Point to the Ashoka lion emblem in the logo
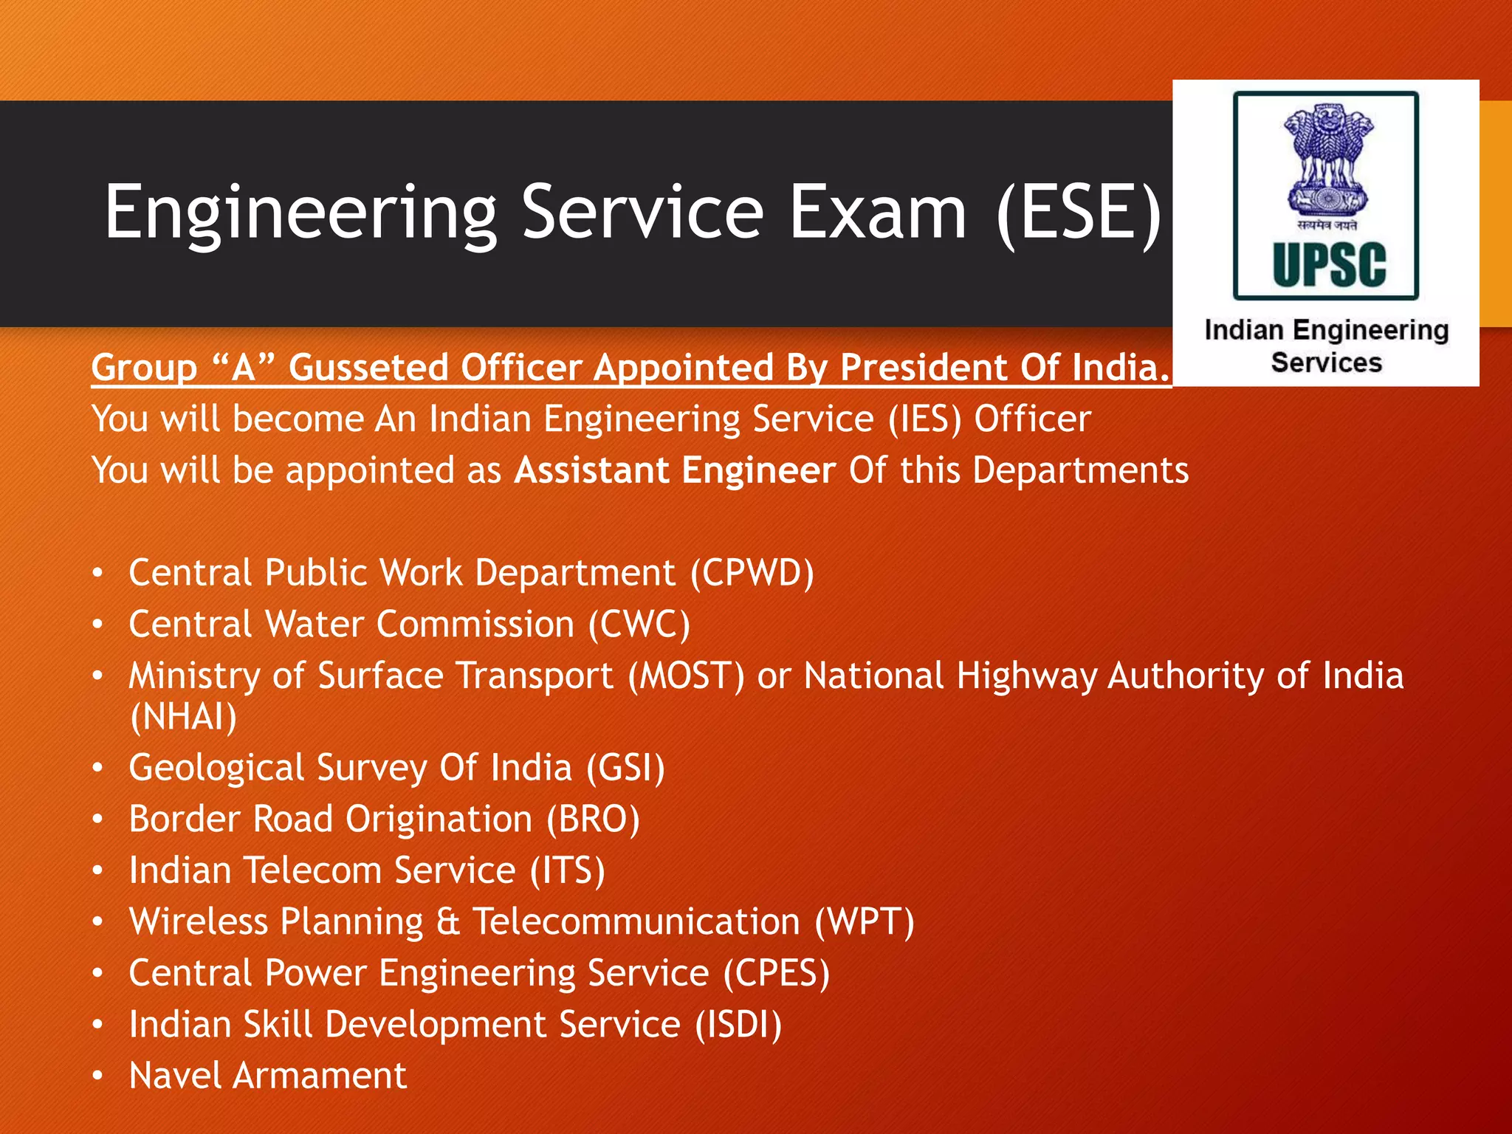point(1327,159)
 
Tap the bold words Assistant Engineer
point(675,470)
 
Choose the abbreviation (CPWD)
point(752,573)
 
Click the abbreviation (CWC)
point(639,625)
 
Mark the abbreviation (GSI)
point(626,768)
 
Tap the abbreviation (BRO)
point(594,819)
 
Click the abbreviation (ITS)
point(568,870)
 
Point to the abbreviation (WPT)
point(865,922)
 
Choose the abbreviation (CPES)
point(777,973)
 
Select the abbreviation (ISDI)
point(738,1025)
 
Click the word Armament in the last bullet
point(320,1076)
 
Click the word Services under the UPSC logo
point(1326,363)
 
